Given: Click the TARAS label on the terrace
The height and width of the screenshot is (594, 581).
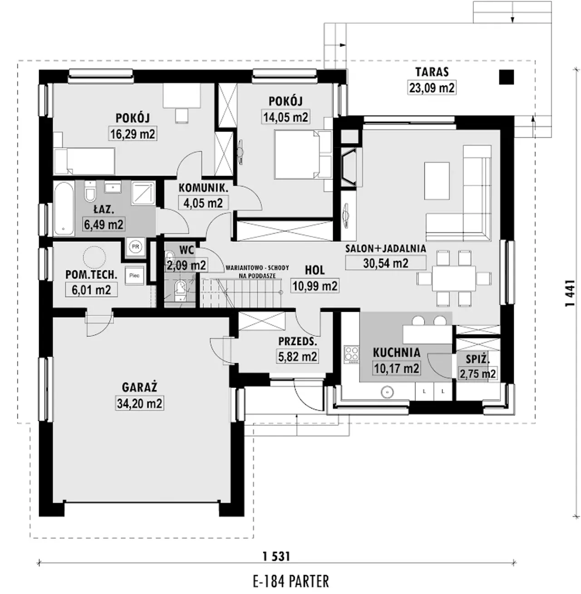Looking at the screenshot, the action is click(432, 72).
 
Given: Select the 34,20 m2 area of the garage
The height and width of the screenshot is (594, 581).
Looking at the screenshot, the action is click(139, 403).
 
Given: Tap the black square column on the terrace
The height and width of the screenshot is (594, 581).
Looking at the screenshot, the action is click(507, 77).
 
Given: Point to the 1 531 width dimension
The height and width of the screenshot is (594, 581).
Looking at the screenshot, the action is click(276, 556).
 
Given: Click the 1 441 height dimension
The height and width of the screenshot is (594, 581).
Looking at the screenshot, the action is click(570, 293).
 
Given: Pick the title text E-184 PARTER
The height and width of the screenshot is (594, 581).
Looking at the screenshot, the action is click(290, 581).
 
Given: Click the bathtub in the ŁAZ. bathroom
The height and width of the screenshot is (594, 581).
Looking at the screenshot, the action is click(64, 208).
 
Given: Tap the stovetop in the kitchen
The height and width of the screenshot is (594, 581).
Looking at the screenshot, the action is click(352, 354).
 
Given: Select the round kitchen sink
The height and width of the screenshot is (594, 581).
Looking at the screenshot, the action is click(387, 392).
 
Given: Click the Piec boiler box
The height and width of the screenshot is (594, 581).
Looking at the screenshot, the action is click(134, 275).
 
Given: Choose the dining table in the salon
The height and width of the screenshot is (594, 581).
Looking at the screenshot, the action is click(454, 278).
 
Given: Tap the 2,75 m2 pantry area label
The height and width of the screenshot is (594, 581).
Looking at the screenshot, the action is click(478, 373).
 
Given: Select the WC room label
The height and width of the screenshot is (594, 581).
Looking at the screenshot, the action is click(187, 250).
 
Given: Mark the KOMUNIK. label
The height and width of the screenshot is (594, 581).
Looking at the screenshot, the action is click(203, 188).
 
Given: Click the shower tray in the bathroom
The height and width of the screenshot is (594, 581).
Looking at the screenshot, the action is click(143, 192).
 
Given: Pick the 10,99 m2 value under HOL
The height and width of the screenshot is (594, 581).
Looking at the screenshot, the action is click(315, 286).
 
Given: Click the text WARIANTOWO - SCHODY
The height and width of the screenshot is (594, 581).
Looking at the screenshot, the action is click(257, 268).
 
